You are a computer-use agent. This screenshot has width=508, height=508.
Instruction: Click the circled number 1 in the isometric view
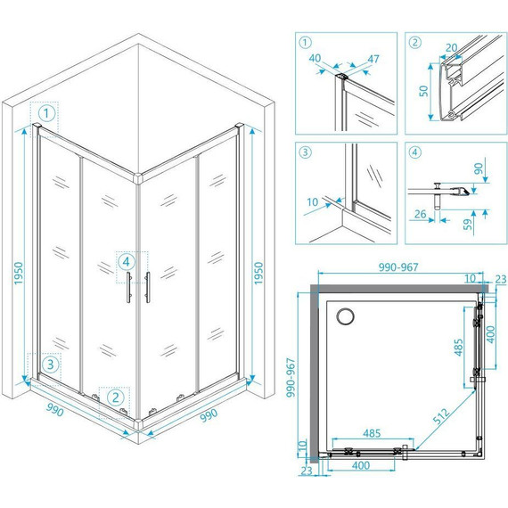click(46, 113)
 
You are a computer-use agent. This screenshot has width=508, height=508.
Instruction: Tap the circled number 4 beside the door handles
click(127, 261)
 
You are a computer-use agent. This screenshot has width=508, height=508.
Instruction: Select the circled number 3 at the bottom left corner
click(50, 365)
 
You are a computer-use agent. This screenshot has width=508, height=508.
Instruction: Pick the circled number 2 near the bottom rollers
click(116, 397)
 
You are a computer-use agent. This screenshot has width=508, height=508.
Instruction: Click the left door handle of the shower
click(128, 287)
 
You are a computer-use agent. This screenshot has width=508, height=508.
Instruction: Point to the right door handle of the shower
click(148, 287)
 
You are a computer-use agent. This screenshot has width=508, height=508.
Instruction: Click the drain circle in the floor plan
click(345, 316)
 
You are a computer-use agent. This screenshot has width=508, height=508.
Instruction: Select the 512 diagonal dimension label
click(441, 416)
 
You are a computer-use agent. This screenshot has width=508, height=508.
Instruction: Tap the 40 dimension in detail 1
click(315, 58)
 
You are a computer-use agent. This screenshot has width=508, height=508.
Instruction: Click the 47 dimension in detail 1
click(373, 59)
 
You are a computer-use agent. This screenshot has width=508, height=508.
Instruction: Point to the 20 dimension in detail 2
click(451, 48)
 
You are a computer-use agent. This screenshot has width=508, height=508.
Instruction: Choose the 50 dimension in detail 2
click(423, 91)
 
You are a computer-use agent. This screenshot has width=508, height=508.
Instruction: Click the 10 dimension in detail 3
click(312, 202)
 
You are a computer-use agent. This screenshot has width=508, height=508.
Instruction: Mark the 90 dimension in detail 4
click(479, 168)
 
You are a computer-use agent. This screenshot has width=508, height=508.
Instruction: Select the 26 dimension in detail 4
click(420, 214)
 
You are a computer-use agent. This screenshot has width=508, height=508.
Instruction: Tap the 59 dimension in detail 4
click(468, 225)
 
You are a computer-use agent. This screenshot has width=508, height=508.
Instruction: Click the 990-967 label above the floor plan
click(398, 267)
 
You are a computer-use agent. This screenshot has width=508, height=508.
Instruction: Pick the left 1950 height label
click(19, 273)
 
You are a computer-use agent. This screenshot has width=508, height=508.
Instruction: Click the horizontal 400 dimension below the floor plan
click(361, 465)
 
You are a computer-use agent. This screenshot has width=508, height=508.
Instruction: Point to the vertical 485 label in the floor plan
click(458, 348)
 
